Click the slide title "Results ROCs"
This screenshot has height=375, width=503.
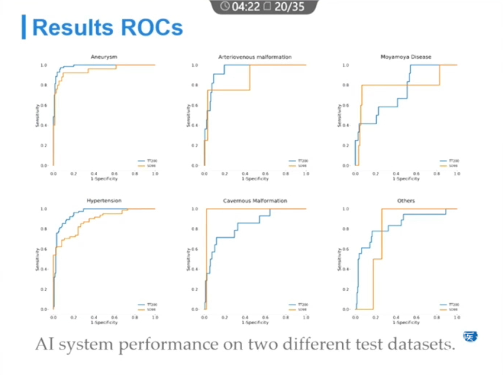tap(107, 28)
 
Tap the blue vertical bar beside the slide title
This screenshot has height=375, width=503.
tap(25, 27)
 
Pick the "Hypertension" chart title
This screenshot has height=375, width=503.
tap(104, 200)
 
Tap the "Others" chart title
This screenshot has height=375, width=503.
tap(406, 200)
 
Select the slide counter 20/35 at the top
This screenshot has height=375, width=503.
tap(288, 7)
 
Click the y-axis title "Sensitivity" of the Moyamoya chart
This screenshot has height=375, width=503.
tap(339, 115)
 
